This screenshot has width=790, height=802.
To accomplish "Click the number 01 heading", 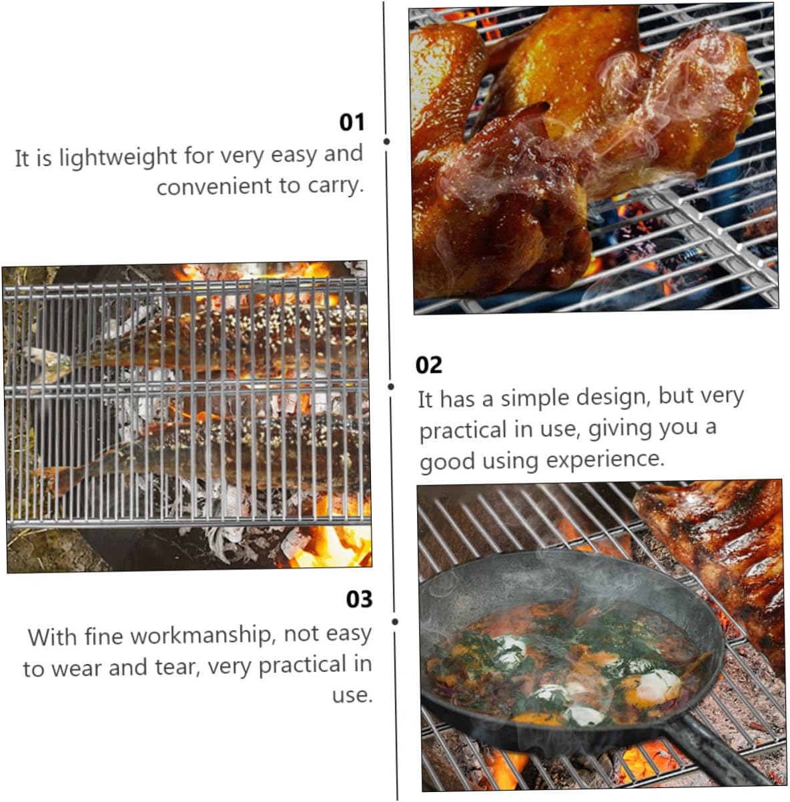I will tap(352, 122).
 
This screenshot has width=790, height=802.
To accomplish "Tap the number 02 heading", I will tap(428, 365).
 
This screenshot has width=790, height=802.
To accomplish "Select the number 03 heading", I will tap(359, 599).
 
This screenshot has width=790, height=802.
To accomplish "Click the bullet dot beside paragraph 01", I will tap(386, 141).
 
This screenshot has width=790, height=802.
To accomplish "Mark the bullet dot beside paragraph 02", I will tap(391, 386).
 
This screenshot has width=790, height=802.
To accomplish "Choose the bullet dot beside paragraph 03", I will tap(395, 621).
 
